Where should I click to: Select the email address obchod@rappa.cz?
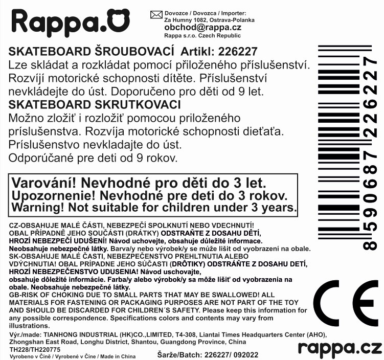pyautogui.click(x=202, y=28)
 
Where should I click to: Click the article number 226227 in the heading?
pyautogui.click(x=238, y=52)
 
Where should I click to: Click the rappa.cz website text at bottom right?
pyautogui.click(x=340, y=348)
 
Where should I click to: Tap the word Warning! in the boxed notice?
pyautogui.click(x=40, y=208)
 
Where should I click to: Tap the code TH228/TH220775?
pyautogui.click(x=33, y=349)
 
